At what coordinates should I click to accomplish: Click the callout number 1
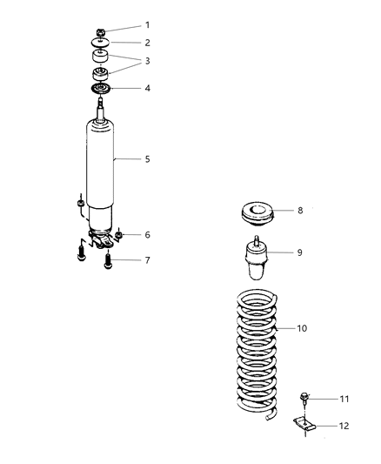click(x=147, y=24)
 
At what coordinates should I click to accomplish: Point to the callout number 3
click(x=147, y=60)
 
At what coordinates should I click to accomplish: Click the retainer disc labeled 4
click(x=102, y=91)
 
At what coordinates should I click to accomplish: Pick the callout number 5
click(x=147, y=159)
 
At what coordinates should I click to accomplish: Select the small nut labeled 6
click(x=119, y=235)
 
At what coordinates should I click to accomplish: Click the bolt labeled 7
click(x=109, y=259)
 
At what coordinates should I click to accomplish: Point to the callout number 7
click(x=147, y=260)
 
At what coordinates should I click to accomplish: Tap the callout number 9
click(x=300, y=252)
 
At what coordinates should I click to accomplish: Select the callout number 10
click(x=302, y=329)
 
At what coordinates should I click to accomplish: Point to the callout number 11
click(x=344, y=398)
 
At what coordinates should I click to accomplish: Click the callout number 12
click(x=344, y=426)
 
